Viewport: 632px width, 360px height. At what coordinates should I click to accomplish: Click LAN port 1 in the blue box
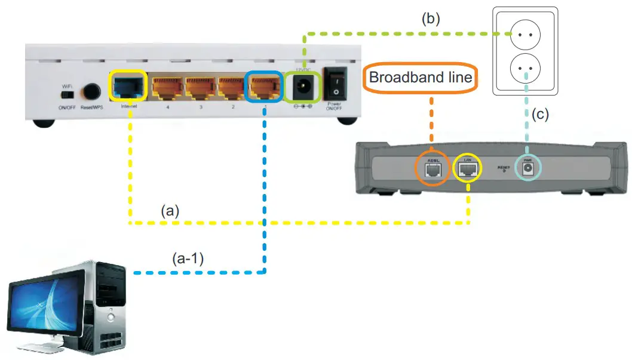(263, 88)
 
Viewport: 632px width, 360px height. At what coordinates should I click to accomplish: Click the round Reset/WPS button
(93, 92)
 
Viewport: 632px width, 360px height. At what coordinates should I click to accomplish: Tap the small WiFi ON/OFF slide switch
(68, 94)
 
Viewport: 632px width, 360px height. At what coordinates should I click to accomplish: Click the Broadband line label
(421, 78)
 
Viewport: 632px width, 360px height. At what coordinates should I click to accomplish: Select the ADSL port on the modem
(431, 170)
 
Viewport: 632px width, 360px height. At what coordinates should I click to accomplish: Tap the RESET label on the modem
(503, 168)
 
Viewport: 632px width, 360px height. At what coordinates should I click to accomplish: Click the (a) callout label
(170, 210)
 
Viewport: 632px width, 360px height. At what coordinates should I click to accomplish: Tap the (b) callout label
(430, 18)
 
